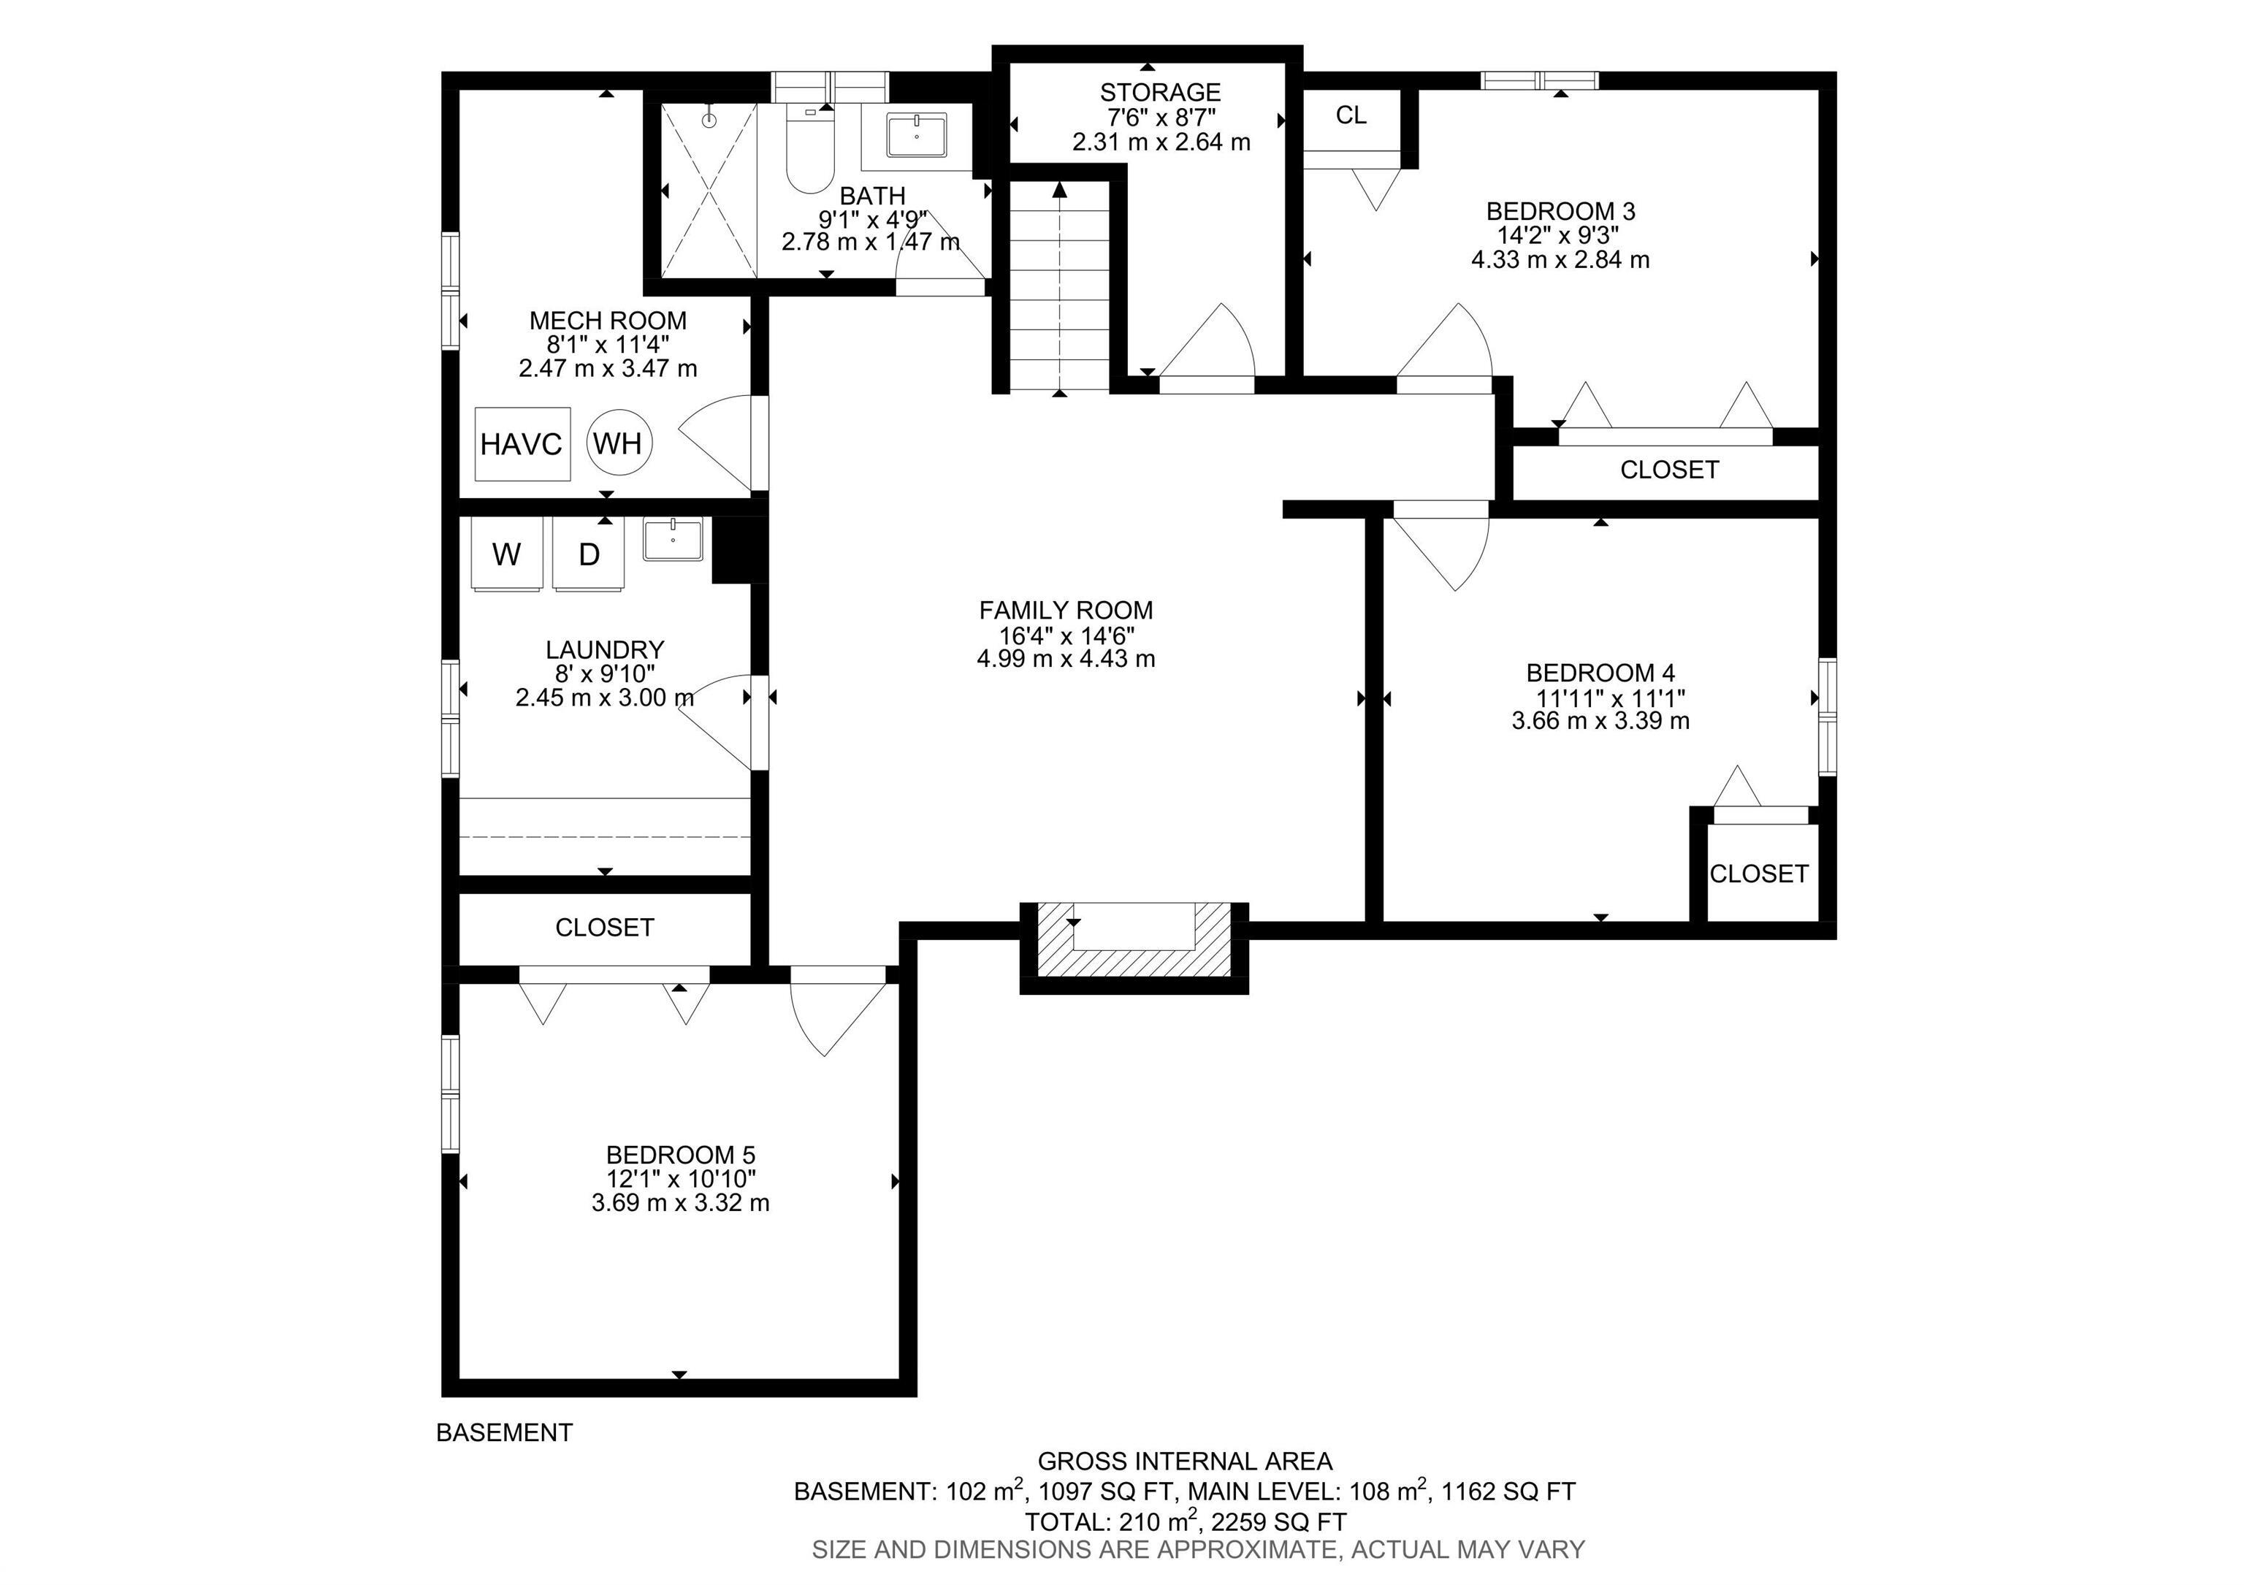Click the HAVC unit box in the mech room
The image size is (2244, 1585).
pyautogui.click(x=522, y=443)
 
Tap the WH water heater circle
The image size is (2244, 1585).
pyautogui.click(x=619, y=443)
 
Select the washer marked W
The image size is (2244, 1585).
pyautogui.click(x=506, y=554)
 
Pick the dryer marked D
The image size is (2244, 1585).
pyautogui.click(x=588, y=554)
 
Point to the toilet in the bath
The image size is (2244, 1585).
pyautogui.click(x=809, y=156)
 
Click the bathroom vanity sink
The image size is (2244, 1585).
pyautogui.click(x=916, y=135)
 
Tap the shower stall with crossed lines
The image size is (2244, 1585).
pyautogui.click(x=709, y=191)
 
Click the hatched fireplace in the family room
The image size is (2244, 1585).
pyautogui.click(x=1134, y=942)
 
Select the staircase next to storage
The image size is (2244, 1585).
pyautogui.click(x=1059, y=289)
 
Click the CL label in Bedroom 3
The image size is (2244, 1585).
pyautogui.click(x=1351, y=115)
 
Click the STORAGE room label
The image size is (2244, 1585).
pyautogui.click(x=1160, y=93)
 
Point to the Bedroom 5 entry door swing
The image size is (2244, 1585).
pyautogui.click(x=831, y=1016)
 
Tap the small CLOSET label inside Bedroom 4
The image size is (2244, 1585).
pyautogui.click(x=1758, y=874)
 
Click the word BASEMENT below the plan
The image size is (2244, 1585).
pyautogui.click(x=504, y=1432)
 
